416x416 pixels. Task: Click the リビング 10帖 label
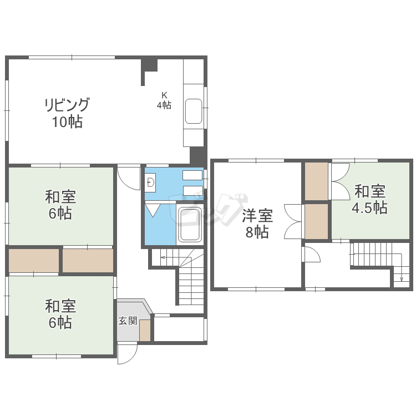click(67, 113)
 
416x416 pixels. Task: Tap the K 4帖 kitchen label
click(164, 100)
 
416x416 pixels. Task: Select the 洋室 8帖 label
click(257, 224)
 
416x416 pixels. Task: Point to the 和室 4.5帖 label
click(369, 199)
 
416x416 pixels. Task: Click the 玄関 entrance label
click(128, 321)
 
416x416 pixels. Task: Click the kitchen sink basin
click(194, 111)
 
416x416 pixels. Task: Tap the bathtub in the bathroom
click(190, 224)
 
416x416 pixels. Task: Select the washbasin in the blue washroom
click(151, 182)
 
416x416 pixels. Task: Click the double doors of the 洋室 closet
click(293, 221)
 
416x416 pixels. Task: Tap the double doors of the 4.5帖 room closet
click(340, 181)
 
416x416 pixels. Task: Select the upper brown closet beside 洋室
click(316, 181)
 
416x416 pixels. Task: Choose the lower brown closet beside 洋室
click(316, 221)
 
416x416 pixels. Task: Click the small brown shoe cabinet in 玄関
click(145, 331)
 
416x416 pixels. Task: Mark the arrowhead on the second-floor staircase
click(402, 279)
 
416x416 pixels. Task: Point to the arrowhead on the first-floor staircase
click(162, 257)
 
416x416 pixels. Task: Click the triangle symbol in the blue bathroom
click(153, 210)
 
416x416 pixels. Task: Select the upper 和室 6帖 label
click(60, 205)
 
